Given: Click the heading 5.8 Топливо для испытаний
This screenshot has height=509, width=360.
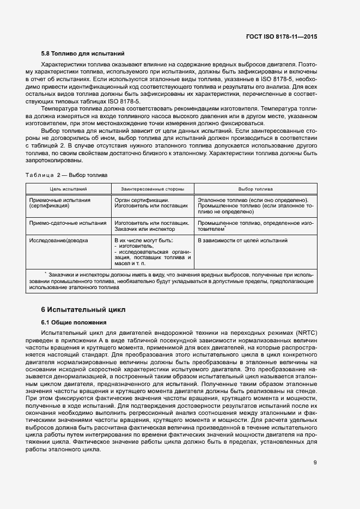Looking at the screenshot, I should [83, 54].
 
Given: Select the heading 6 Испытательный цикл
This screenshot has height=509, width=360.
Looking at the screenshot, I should [83, 310].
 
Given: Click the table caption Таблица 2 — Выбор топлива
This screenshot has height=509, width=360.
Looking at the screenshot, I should [66, 175].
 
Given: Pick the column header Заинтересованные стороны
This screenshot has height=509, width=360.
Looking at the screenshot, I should [152, 188].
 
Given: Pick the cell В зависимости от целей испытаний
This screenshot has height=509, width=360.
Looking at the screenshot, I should [242, 240].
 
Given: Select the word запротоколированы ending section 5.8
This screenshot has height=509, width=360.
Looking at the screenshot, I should [55, 161].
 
